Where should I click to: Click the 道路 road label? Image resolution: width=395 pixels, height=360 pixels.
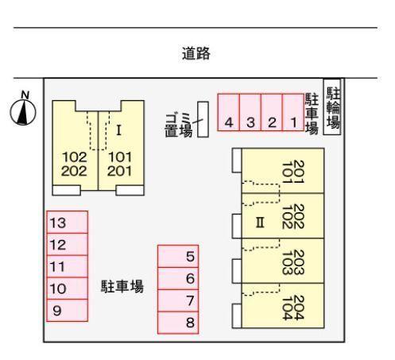[196, 53]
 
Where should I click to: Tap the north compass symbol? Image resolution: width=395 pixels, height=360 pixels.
[23, 109]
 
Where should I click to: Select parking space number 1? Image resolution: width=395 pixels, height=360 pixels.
[293, 112]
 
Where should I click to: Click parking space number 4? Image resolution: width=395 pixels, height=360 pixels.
[228, 112]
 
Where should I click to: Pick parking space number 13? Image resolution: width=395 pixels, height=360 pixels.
[67, 223]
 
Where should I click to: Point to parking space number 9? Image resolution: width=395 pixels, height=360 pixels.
[67, 310]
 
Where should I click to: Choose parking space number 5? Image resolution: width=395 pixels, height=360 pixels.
[178, 256]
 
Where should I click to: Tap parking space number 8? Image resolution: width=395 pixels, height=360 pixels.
[178, 323]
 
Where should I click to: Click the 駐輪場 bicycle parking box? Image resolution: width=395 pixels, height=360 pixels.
[332, 106]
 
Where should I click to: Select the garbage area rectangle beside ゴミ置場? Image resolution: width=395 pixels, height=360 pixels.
[203, 119]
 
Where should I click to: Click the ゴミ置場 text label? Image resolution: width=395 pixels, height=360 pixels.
[178, 126]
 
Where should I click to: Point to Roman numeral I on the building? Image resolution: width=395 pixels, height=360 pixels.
[118, 130]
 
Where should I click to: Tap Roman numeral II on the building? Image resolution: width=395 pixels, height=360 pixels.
[260, 223]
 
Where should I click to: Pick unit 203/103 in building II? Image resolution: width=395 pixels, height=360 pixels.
[283, 261]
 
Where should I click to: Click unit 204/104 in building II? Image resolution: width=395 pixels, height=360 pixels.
[283, 306]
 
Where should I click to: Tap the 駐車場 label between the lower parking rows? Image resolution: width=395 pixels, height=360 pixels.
[122, 286]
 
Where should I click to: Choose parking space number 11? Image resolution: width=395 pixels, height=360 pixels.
[67, 266]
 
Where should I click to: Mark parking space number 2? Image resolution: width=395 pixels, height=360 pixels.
[272, 112]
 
